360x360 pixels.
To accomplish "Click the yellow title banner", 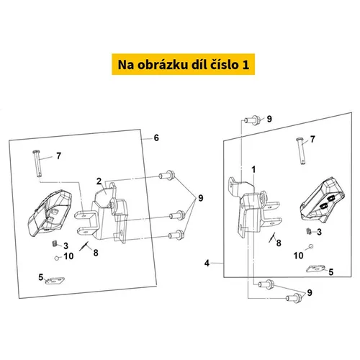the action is (x=183, y=64).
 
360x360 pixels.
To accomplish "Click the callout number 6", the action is (x=156, y=138).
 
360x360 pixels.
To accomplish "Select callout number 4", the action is (x=207, y=264).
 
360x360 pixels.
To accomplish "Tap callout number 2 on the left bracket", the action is (x=99, y=181).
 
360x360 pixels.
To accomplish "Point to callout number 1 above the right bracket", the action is (x=253, y=170).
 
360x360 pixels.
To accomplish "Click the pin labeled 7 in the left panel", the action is (x=37, y=163).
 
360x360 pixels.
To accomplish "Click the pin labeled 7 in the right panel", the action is (x=301, y=151).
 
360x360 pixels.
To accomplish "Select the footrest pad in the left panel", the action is (x=50, y=213).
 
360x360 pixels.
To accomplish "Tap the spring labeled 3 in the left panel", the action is (x=55, y=244).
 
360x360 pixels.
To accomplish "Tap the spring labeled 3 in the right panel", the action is (x=309, y=231).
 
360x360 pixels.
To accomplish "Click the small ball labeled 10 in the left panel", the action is (x=57, y=258).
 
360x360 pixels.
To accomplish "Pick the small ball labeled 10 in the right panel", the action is (x=311, y=246).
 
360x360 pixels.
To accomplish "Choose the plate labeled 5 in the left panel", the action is (x=55, y=281).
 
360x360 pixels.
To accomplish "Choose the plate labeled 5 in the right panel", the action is (x=315, y=269).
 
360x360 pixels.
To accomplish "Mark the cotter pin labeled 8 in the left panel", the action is (x=84, y=246).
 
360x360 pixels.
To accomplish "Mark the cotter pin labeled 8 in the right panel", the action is (x=272, y=237).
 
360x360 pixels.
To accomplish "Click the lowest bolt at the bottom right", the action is (x=294, y=298).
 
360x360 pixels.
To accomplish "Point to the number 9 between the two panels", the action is (x=200, y=198).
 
